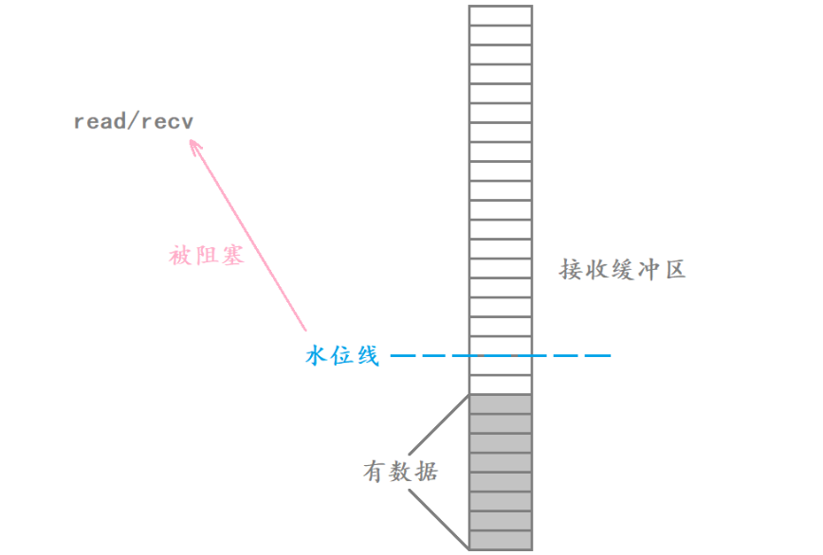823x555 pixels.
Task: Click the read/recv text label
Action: click(133, 123)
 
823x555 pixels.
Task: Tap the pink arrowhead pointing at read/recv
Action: click(194, 146)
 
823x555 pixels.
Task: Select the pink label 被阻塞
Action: click(207, 256)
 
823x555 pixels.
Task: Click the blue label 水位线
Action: click(342, 356)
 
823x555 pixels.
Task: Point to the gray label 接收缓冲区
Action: click(622, 271)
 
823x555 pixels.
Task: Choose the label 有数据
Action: click(401, 471)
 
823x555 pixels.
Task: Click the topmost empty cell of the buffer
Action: click(500, 15)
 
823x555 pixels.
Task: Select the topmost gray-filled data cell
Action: click(500, 404)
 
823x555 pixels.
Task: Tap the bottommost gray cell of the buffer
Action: click(500, 541)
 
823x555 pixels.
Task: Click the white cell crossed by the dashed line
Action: click(500, 356)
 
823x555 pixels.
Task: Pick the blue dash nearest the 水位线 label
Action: click(404, 356)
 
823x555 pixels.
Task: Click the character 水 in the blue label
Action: click(318, 356)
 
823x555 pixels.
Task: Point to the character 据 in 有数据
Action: click(427, 471)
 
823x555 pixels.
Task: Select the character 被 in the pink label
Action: click(181, 256)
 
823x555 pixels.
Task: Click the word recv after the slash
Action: click(169, 123)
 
